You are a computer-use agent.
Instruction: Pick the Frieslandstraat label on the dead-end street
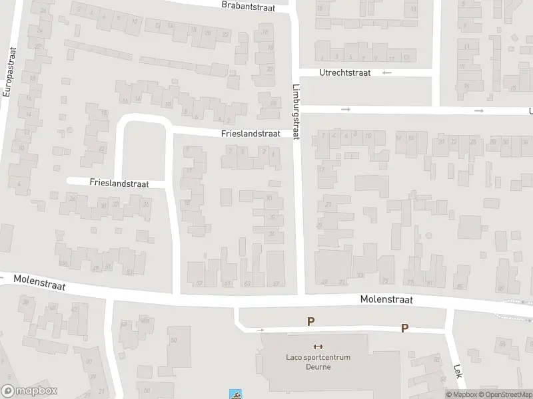117,182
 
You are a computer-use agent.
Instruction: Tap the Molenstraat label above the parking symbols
386,300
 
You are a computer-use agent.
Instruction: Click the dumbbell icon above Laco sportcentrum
318,346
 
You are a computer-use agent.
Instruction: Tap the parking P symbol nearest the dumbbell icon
310,322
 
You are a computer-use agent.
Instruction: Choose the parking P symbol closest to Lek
404,328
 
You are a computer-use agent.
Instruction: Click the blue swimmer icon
235,394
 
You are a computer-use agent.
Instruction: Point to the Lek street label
458,370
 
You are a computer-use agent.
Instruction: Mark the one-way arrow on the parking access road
261,329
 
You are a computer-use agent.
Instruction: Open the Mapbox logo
29,391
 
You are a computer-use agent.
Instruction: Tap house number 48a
144,321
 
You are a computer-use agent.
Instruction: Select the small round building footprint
428,236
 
